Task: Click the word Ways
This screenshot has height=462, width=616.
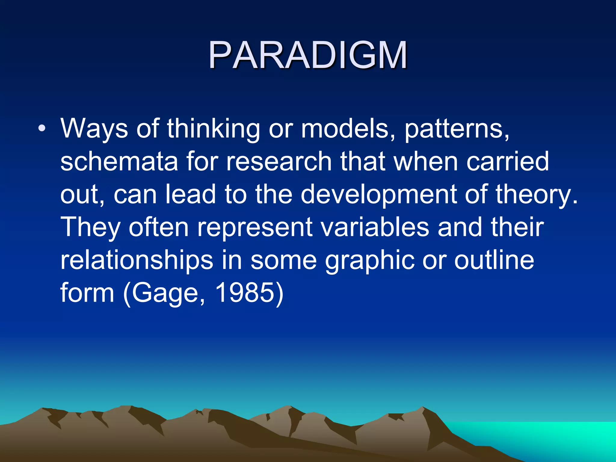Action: [94, 129]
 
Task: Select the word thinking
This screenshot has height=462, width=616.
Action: [213, 129]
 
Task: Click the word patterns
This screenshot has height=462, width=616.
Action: [457, 129]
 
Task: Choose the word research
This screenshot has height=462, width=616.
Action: [279, 162]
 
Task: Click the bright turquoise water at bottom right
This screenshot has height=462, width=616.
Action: [556, 436]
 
